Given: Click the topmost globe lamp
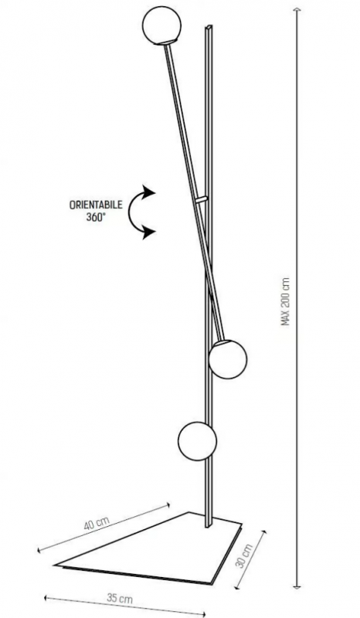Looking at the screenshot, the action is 161,25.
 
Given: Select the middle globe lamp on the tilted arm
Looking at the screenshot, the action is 228,359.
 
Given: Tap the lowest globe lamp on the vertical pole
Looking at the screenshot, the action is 197,441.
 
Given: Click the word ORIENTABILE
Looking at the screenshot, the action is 96,205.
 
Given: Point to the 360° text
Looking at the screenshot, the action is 96,218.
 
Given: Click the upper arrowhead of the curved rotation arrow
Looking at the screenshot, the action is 149,192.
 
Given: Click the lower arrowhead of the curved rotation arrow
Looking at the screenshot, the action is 149,233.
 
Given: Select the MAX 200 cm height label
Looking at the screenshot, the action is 286,301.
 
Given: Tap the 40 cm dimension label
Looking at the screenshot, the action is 97,523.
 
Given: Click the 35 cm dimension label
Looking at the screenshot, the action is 120,598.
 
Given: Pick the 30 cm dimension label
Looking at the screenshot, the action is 244,555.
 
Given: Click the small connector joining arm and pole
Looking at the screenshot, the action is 201,200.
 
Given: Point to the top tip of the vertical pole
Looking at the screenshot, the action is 209,27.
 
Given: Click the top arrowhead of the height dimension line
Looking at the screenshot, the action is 297,9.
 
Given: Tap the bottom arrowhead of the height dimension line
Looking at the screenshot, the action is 297,586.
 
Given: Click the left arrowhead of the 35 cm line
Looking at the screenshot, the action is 46,598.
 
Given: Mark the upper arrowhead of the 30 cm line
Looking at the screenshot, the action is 263,532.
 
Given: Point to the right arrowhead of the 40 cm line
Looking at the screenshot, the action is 168,504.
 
